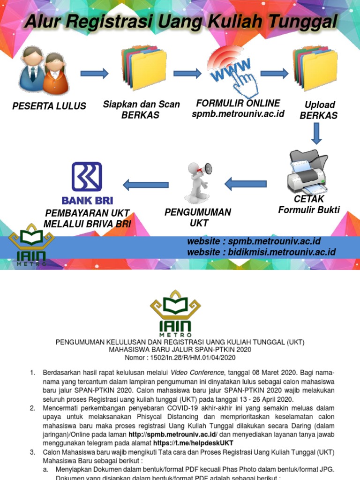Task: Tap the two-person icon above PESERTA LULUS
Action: [44, 70]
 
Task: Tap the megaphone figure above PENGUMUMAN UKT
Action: [197, 182]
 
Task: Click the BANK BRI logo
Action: [87, 183]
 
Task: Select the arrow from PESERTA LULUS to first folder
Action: [94, 74]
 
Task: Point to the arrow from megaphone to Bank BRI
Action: [145, 185]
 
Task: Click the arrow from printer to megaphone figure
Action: [246, 184]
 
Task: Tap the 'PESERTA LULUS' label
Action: [49, 106]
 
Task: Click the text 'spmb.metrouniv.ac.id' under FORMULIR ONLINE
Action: [238, 114]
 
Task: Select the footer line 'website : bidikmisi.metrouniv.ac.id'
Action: [261, 253]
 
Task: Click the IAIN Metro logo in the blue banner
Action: [31, 248]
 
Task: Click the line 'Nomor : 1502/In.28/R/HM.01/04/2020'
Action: [180, 358]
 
